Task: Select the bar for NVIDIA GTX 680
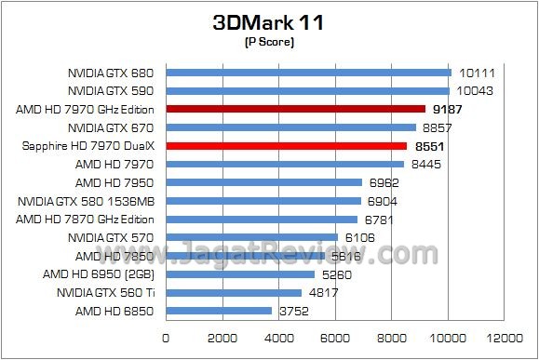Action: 308,73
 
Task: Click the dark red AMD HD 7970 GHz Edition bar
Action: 295,109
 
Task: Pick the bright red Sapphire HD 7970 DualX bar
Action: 287,146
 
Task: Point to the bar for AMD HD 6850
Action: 219,311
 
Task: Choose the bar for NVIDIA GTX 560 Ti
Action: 234,292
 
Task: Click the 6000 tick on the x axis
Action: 336,337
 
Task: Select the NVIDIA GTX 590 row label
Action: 110,91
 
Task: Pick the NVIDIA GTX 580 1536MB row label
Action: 89,201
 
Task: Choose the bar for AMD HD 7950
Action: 263,182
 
